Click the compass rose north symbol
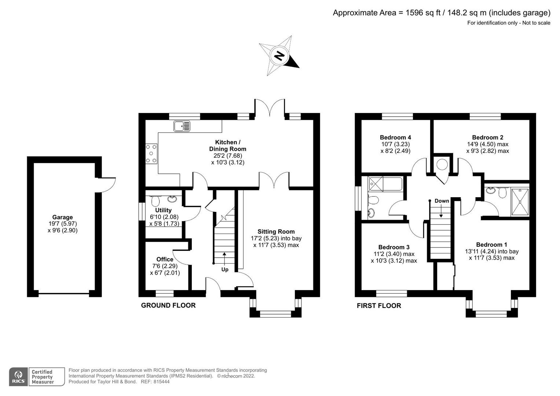pos(279,56)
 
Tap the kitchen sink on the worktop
pos(182,126)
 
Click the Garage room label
pos(62,217)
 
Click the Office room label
pos(165,259)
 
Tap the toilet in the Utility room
pos(155,201)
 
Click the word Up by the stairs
pos(225,269)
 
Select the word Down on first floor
pos(442,201)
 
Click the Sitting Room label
pos(276,231)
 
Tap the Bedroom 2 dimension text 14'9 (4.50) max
pos(487,144)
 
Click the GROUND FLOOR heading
pos(168,305)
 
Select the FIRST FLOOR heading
pos(379,306)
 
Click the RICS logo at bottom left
pos(18,377)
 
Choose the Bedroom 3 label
pos(394,247)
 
